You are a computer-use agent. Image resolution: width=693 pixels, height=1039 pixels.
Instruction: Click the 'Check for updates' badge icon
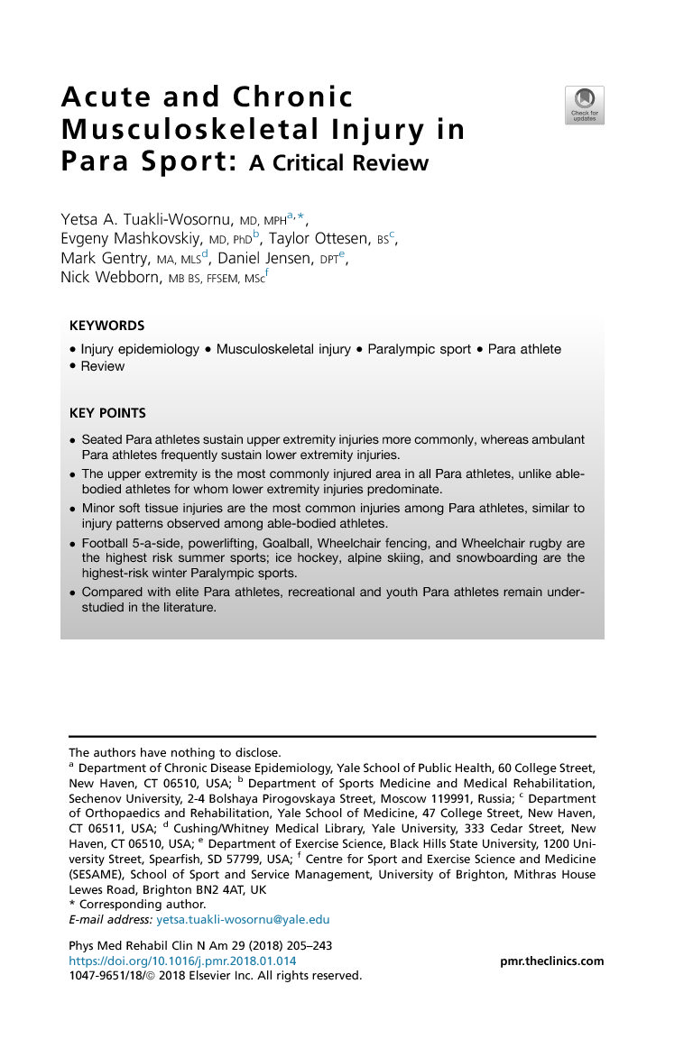click(x=584, y=105)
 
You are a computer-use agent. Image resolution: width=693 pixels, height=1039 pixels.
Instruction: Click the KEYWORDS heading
click(x=107, y=326)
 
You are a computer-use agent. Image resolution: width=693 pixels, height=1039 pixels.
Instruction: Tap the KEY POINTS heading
click(x=107, y=413)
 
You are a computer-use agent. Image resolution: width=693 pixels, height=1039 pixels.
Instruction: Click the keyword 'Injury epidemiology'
click(x=140, y=349)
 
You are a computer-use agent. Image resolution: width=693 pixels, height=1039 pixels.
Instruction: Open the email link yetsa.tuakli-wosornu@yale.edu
click(x=243, y=920)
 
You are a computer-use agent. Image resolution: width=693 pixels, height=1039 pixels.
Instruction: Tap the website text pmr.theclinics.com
click(x=551, y=961)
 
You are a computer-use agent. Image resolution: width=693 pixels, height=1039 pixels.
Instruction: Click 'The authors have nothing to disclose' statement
click(x=175, y=752)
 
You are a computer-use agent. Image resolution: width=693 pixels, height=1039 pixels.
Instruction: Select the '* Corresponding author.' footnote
click(x=138, y=904)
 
